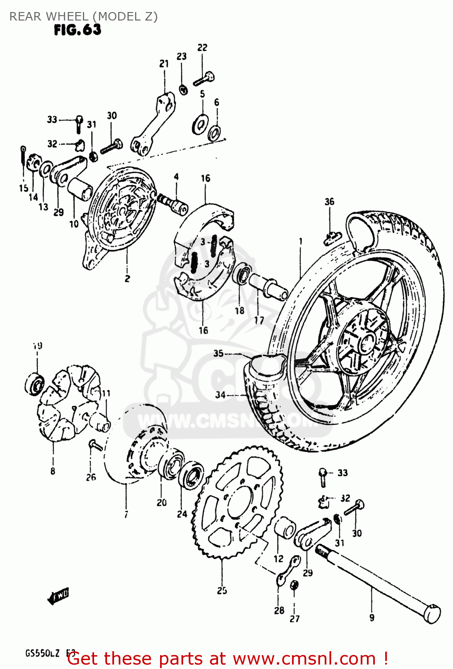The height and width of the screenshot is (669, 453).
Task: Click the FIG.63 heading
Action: click(x=78, y=30)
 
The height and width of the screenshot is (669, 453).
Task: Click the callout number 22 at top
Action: click(x=202, y=48)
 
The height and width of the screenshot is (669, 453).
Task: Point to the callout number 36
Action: click(x=329, y=202)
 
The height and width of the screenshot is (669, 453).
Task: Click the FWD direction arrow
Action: click(x=58, y=596)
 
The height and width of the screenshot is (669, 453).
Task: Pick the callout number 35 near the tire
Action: click(x=218, y=353)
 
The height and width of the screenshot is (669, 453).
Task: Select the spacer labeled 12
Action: click(x=284, y=529)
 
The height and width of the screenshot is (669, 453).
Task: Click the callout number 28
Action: click(x=279, y=610)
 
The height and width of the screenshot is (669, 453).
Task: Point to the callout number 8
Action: click(x=53, y=471)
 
